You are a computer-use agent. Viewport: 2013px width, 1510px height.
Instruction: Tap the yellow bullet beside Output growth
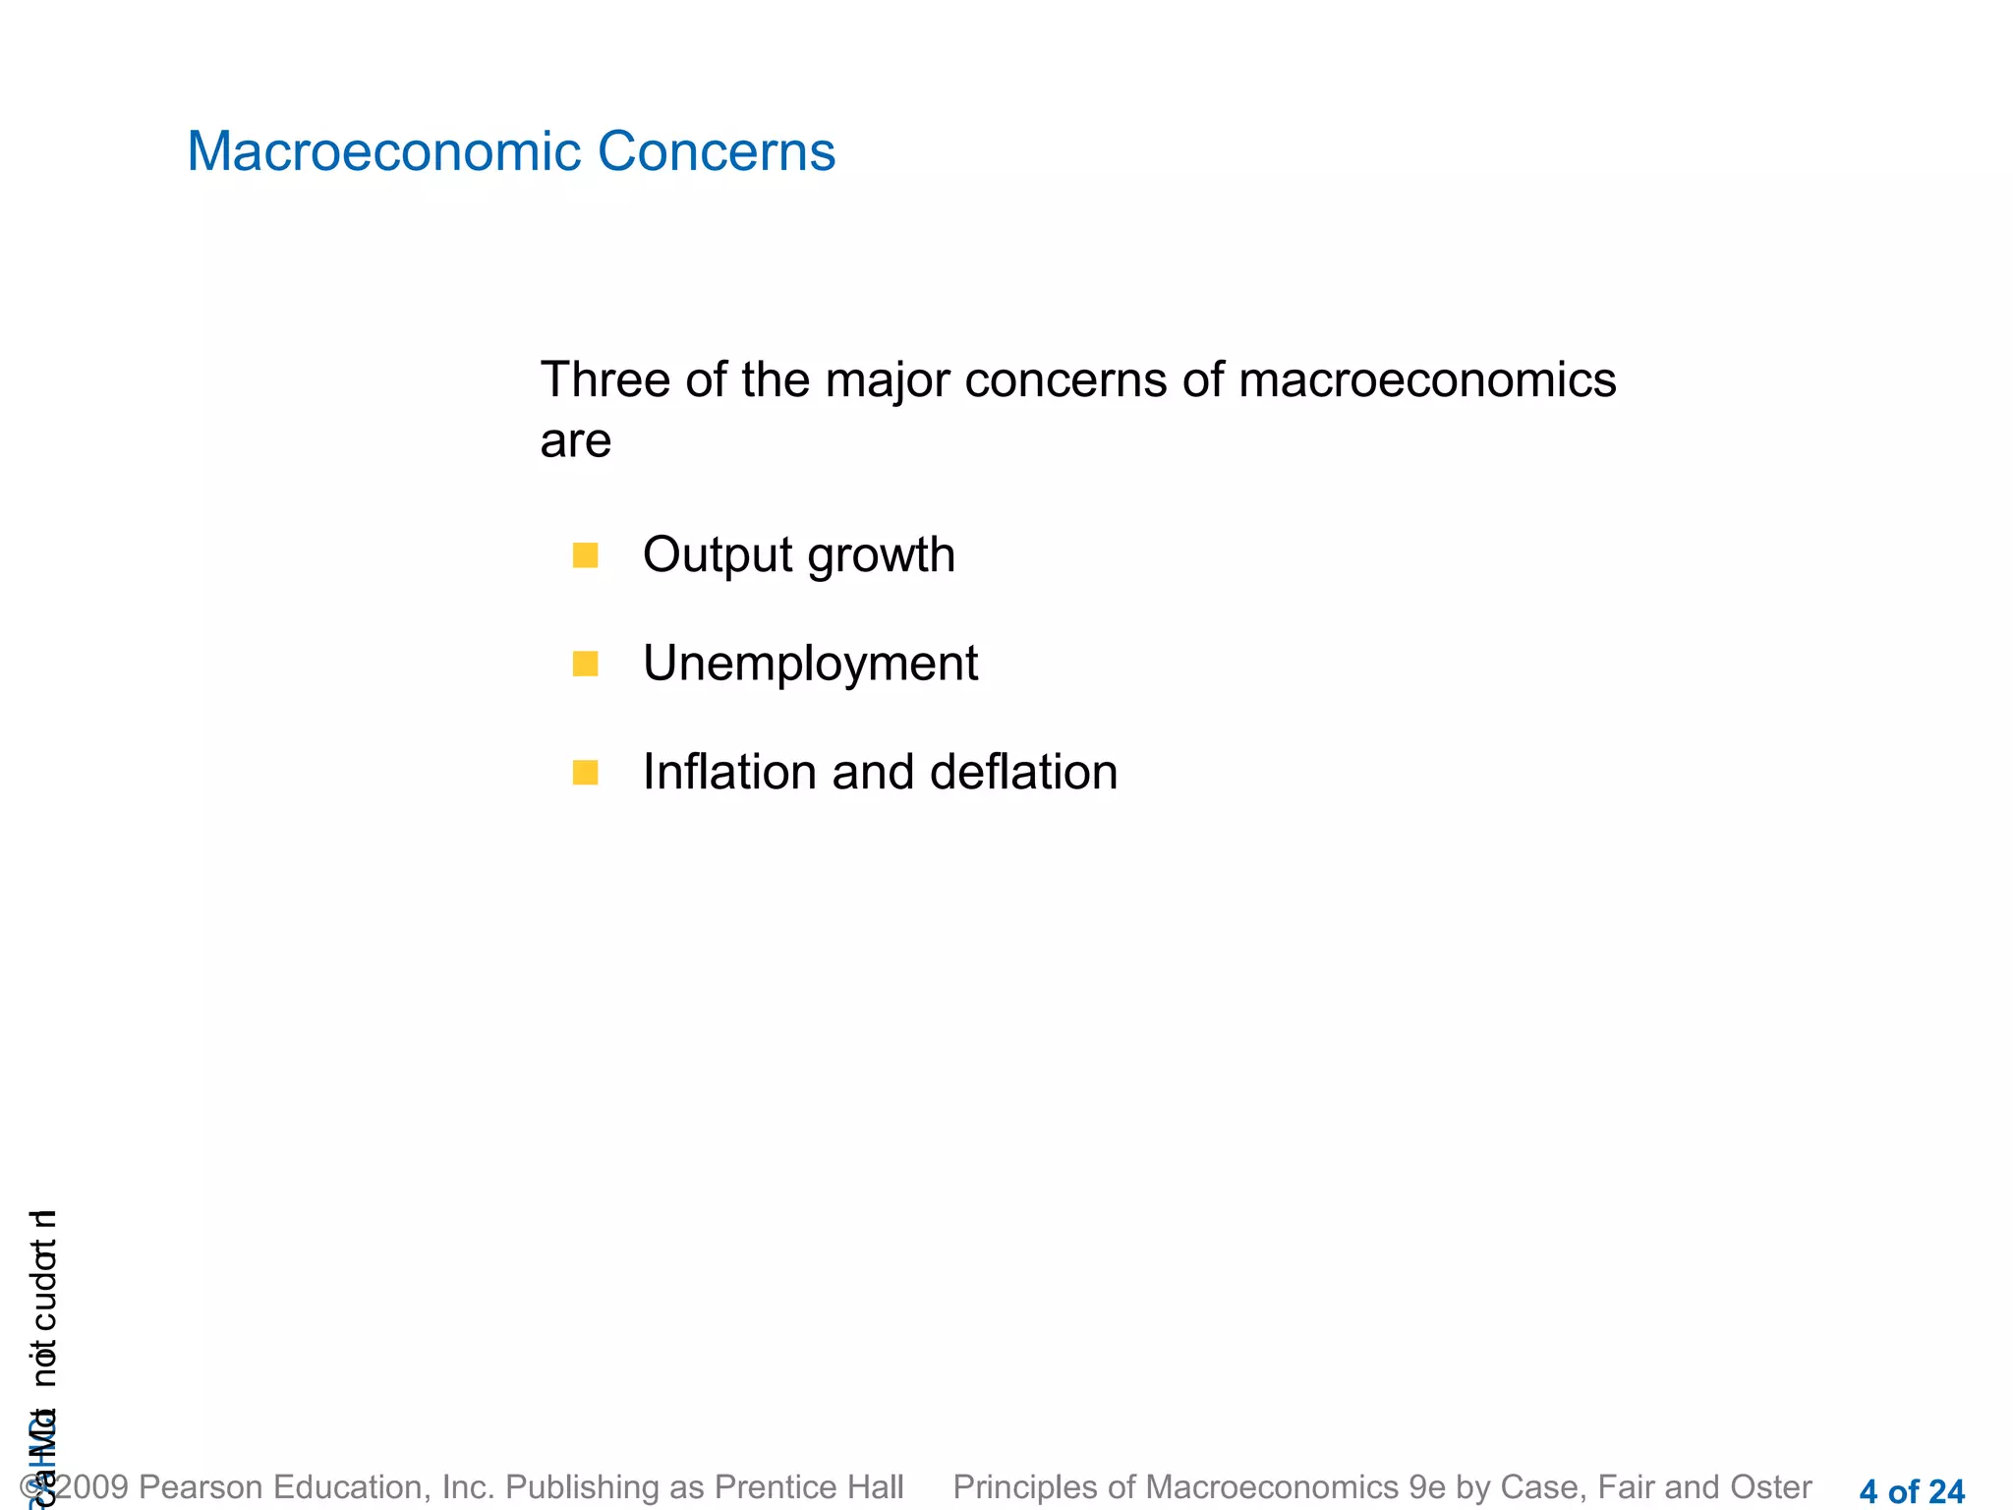[585, 555]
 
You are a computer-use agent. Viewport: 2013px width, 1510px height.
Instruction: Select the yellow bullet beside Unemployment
[585, 664]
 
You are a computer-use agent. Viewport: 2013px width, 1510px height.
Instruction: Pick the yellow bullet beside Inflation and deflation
[585, 773]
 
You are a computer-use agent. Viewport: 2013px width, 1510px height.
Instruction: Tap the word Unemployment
[810, 664]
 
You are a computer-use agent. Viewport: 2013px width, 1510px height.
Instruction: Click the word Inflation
[730, 773]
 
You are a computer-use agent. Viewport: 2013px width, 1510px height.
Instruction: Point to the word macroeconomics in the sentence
[1426, 380]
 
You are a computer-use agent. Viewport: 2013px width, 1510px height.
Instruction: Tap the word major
[888, 382]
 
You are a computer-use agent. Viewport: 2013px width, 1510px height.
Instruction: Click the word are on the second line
[575, 441]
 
